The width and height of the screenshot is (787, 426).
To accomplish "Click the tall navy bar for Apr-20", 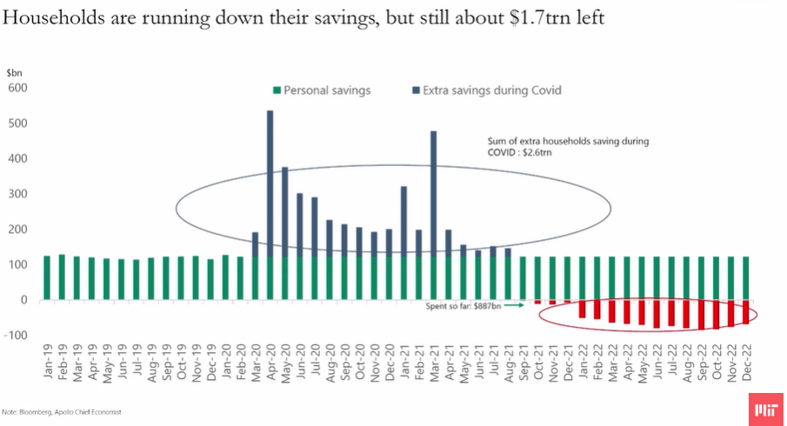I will tap(270, 183).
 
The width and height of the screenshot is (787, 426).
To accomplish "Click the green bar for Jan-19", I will tap(47, 277).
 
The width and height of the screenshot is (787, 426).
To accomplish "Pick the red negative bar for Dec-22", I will tap(745, 312).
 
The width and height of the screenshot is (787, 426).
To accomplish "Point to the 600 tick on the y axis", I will tap(18, 88).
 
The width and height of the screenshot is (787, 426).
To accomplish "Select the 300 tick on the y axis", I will tap(18, 194).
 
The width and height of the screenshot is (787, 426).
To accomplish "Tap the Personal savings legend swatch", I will tap(277, 90).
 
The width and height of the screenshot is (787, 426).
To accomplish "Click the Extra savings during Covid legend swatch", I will tap(415, 90).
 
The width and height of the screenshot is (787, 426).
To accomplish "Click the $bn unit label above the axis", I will tap(14, 73).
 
